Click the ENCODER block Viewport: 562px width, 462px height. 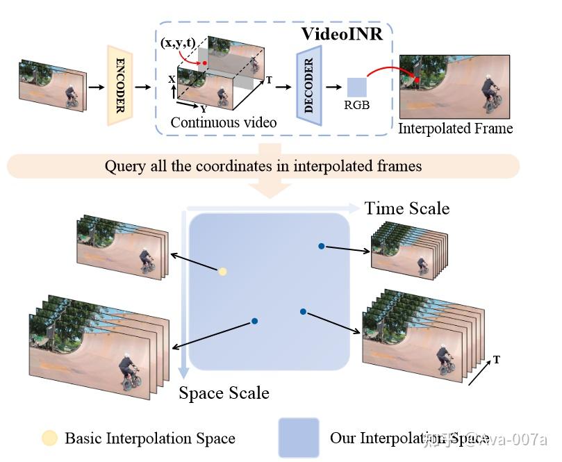pos(119,85)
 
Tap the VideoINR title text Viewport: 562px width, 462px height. pos(341,33)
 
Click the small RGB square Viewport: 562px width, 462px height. pos(356,87)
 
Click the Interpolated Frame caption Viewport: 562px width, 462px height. pos(455,129)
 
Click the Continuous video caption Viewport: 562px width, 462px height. pos(224,122)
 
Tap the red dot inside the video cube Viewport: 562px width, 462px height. pos(206,64)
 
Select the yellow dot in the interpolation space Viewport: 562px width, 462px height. pos(223,272)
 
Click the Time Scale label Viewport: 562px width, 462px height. pos(407,208)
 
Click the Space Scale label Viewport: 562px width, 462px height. pos(224,393)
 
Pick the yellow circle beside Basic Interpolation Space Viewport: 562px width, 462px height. pos(50,438)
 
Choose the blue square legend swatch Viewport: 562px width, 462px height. pos(299,438)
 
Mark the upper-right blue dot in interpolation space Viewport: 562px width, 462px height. pos(321,246)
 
